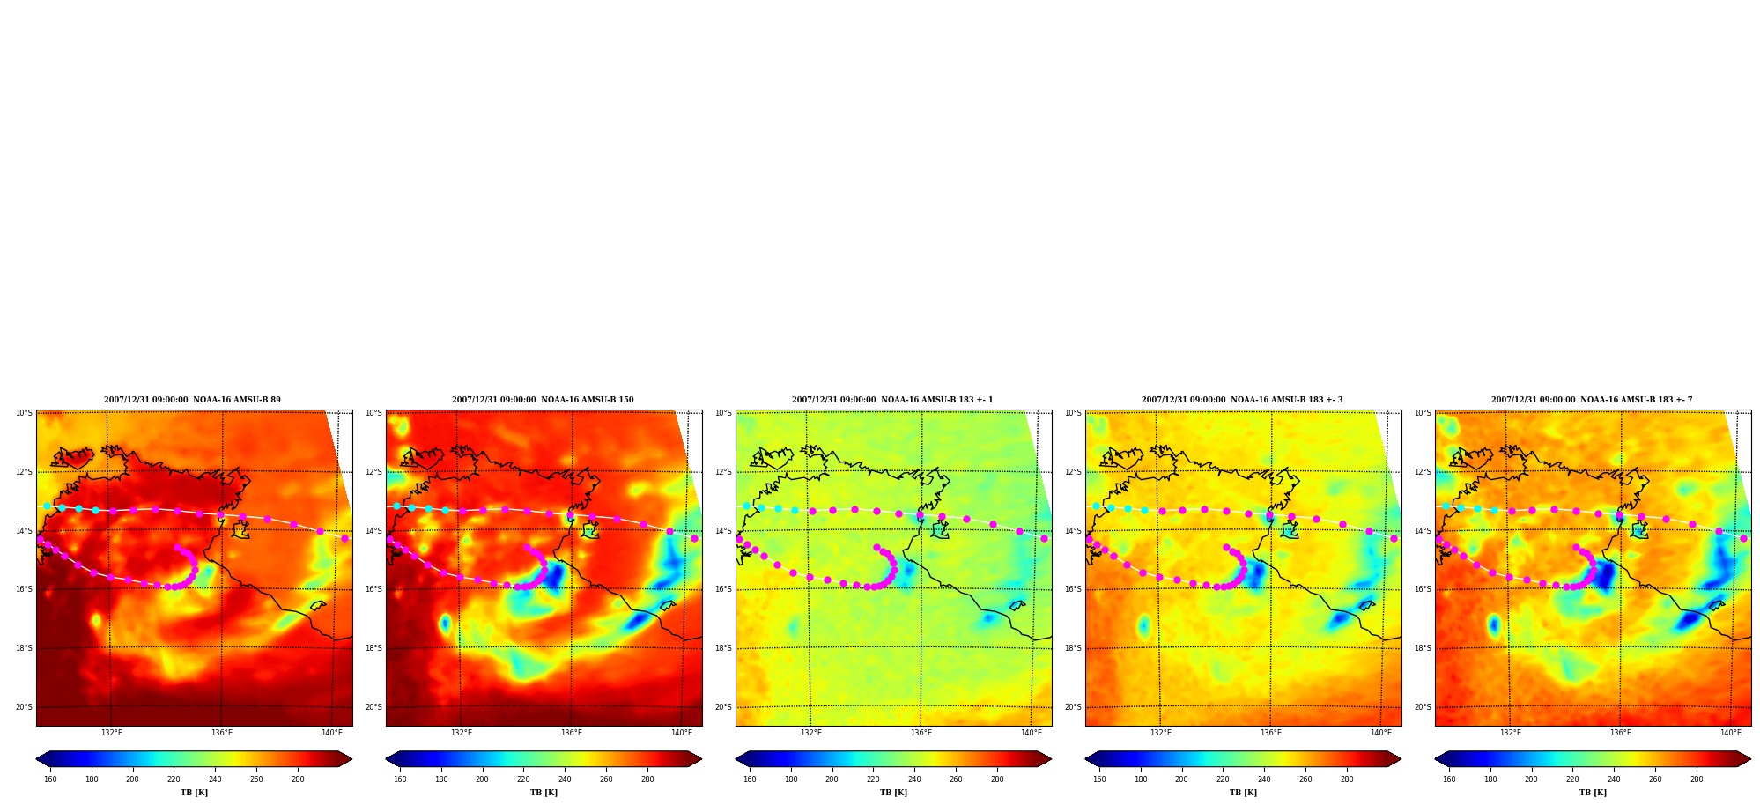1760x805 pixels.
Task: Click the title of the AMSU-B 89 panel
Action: coord(192,400)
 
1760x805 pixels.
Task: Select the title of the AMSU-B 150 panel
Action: coord(543,400)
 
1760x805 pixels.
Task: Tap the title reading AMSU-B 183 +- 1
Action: coord(891,400)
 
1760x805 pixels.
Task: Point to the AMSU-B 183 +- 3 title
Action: coord(1242,400)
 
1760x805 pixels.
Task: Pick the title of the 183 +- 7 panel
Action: coord(1592,400)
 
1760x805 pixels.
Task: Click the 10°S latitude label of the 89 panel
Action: coord(24,413)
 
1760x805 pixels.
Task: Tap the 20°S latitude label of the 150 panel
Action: coord(373,707)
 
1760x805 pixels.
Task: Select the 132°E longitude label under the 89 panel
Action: coord(112,733)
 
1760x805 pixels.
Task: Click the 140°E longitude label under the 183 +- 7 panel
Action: coord(1731,733)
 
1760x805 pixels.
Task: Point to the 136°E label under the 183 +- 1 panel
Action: coord(921,733)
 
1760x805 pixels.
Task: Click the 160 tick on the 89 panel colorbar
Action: coord(50,779)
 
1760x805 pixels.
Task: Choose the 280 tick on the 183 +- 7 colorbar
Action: coord(1697,779)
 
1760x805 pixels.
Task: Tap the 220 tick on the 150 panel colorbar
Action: coord(523,779)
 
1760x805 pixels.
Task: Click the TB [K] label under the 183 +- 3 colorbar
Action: coord(1243,793)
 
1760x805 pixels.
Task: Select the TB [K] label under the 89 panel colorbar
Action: coord(194,793)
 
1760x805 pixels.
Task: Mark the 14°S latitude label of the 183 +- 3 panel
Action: coord(1073,531)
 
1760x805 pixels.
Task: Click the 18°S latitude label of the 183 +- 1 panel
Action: coord(723,648)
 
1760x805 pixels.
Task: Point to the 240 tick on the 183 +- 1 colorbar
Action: coord(914,779)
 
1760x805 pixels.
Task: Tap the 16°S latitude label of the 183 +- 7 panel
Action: coord(1423,589)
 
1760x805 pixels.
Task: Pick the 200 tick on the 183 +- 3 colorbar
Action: coord(1181,779)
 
